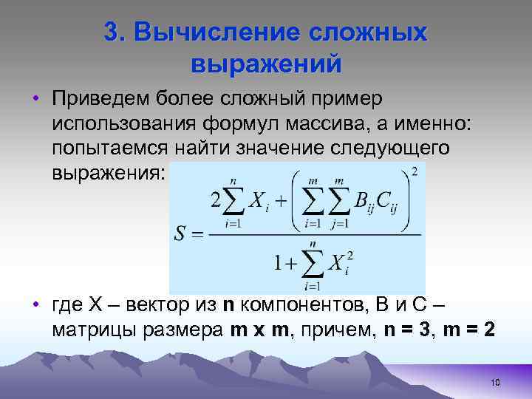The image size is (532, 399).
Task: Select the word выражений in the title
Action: [x=266, y=64]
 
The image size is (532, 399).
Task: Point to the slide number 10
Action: [x=494, y=381]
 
